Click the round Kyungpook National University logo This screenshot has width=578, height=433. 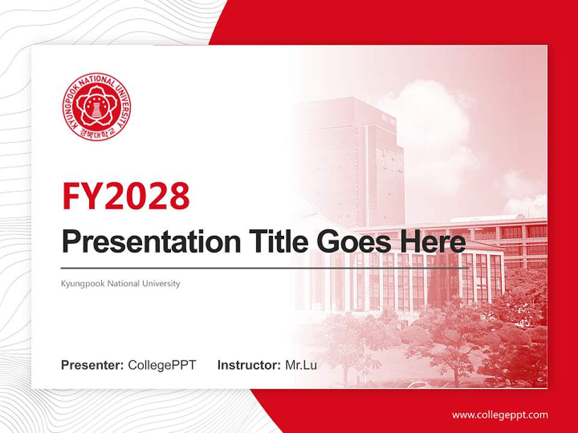coord(96,107)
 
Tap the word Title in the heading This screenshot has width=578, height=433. coord(267,242)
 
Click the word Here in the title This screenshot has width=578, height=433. coord(430,242)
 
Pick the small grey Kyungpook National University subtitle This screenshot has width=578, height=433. coord(120,283)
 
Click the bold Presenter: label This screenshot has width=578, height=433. coord(93,365)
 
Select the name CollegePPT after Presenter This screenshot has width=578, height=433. coord(162,365)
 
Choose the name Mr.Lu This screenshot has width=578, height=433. coord(300,365)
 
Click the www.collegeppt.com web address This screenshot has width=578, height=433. coord(500,415)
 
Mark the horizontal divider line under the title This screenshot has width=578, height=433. coord(265,268)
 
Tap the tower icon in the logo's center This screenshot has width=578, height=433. coord(96,109)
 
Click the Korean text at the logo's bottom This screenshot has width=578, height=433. coord(96,134)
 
